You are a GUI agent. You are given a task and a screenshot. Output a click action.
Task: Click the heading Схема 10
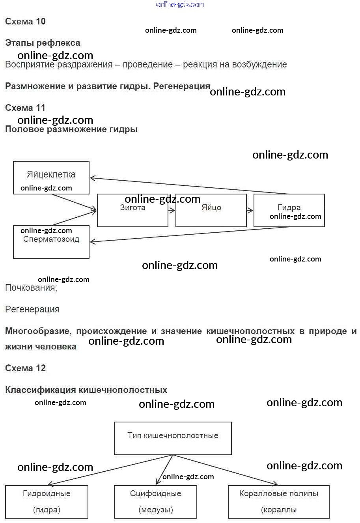25,22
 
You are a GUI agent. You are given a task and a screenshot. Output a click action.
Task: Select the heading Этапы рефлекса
42,43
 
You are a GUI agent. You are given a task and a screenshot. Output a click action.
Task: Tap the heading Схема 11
25,108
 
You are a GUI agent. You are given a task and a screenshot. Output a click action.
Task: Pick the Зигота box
132,211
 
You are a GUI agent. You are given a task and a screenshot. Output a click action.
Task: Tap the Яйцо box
211,211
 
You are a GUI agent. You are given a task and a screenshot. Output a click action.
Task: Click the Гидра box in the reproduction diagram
289,210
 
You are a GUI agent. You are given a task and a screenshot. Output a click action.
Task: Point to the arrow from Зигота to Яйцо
172,211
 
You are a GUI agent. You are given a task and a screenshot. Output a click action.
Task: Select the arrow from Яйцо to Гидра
250,211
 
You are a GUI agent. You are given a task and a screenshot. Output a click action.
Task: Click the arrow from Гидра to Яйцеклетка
189,186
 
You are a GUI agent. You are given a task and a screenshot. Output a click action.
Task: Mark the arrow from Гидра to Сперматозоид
189,235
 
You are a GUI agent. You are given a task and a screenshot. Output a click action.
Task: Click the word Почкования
31,288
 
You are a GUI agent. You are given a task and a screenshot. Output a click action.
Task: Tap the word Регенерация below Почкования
32,310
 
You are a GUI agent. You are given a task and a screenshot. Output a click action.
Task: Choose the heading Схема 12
25,368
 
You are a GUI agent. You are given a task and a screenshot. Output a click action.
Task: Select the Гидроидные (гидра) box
47,502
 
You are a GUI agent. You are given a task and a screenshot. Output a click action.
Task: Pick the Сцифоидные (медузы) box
155,502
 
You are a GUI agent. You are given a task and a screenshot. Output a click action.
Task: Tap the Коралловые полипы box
278,502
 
